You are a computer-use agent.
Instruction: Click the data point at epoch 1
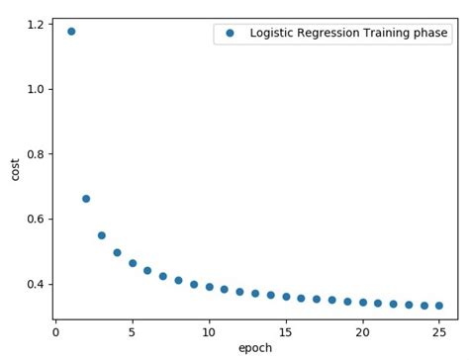click(71, 32)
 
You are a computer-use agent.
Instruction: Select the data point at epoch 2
click(86, 199)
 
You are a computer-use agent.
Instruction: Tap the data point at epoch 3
click(102, 235)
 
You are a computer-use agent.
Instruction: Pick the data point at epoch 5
click(133, 263)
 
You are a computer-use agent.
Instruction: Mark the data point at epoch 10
click(209, 287)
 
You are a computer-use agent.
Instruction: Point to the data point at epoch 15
click(286, 297)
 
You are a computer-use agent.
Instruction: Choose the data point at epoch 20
click(363, 303)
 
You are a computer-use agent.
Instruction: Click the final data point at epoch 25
click(439, 306)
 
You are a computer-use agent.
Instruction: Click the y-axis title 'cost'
click(14, 168)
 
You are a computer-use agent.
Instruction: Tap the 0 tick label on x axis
click(56, 332)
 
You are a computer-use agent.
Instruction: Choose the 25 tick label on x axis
click(439, 332)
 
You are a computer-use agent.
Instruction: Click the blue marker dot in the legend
click(231, 34)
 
